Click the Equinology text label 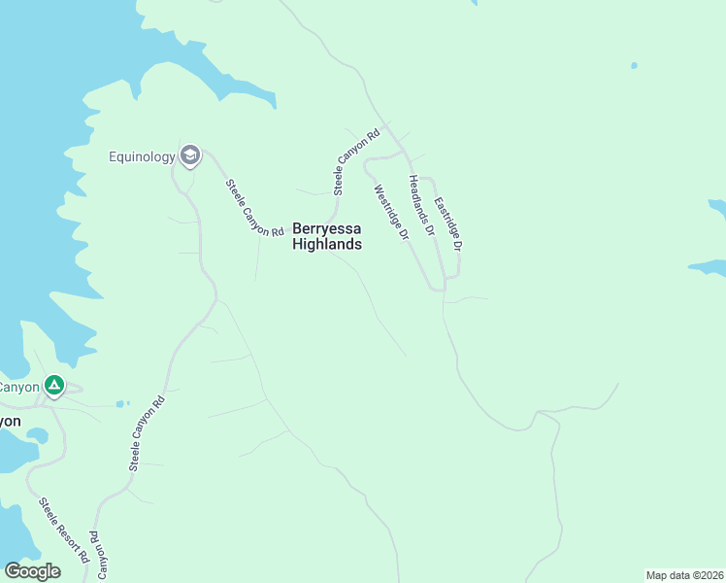tap(142, 156)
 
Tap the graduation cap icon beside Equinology tap(190, 155)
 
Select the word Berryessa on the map tap(327, 229)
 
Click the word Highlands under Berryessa tap(327, 245)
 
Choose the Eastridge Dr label tap(447, 226)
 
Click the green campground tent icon tap(54, 387)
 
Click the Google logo tap(32, 570)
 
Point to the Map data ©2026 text tap(684, 575)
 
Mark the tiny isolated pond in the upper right tap(634, 65)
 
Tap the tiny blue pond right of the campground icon tap(119, 403)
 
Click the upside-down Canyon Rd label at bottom tap(99, 554)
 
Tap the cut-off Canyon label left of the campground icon tap(19, 387)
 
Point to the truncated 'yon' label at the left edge tap(10, 422)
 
